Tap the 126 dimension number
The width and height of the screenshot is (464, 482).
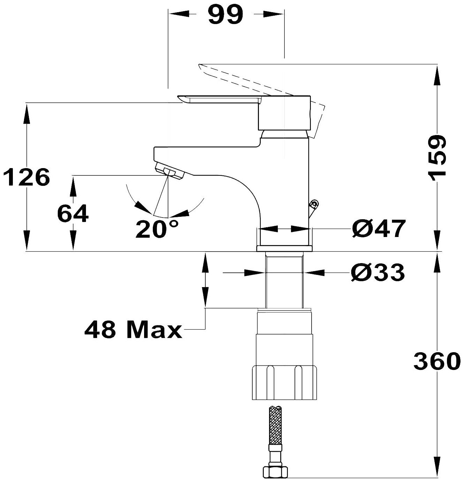(27, 177)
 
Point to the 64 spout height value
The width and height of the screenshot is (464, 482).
(73, 214)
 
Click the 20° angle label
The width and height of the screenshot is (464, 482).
(157, 229)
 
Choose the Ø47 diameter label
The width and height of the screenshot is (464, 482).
(378, 229)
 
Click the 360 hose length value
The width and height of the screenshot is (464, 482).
(438, 362)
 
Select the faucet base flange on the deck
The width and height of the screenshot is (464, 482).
(284, 248)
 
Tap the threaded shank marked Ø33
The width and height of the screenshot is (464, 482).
(284, 280)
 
